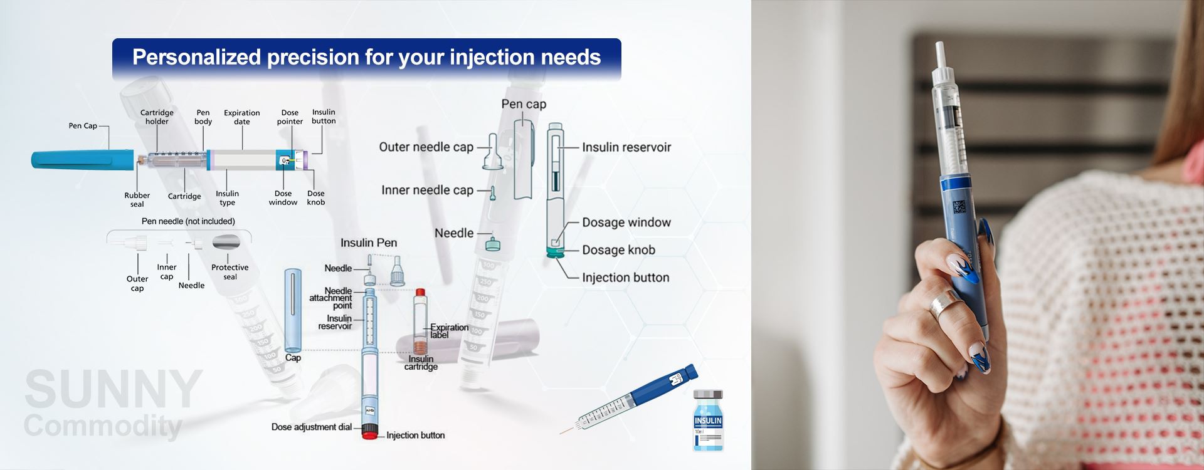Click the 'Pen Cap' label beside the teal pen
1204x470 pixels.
click(x=83, y=126)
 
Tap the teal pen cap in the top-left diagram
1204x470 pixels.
click(x=82, y=159)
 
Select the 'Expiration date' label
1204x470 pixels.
click(x=242, y=117)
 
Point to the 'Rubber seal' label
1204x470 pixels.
click(x=137, y=199)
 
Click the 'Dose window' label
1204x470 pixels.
click(x=283, y=198)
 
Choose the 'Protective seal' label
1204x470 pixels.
click(x=230, y=272)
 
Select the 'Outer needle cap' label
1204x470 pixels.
click(x=426, y=147)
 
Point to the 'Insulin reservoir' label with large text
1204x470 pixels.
click(x=626, y=147)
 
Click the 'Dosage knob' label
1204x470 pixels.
click(x=618, y=250)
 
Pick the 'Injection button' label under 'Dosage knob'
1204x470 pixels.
click(x=625, y=278)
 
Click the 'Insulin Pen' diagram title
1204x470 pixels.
click(x=369, y=243)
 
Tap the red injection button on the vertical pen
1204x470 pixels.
click(x=369, y=433)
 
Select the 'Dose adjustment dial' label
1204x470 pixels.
click(x=312, y=427)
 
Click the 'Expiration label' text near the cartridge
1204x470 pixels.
click(x=449, y=331)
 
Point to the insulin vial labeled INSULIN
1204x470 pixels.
click(x=708, y=420)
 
